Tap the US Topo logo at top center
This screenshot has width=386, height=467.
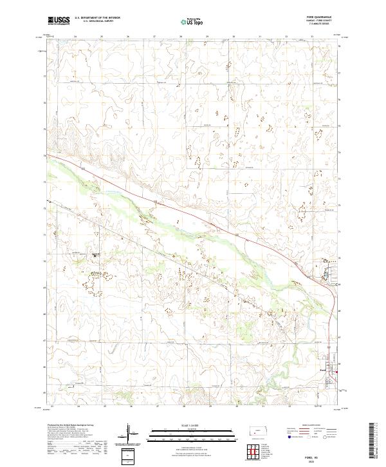[x=192, y=21]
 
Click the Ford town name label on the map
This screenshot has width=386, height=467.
[x=324, y=369]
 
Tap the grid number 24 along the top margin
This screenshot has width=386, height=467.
[x=76, y=37]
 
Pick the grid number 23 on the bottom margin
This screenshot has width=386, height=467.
[x=52, y=406]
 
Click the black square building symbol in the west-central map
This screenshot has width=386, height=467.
[x=95, y=256]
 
